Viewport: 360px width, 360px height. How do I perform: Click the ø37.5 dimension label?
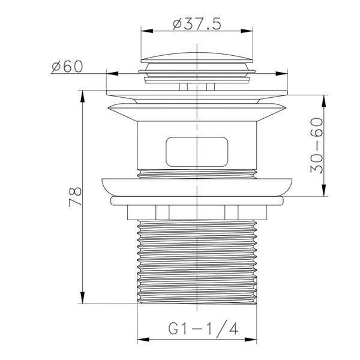(x=197, y=24)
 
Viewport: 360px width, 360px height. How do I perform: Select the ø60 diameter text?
(x=67, y=67)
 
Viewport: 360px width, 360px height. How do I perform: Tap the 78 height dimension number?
(x=76, y=197)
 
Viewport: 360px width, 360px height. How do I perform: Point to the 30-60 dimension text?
(x=316, y=145)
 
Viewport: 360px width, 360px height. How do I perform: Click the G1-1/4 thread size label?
(x=203, y=328)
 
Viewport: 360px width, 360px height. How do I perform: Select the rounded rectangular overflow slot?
(x=197, y=152)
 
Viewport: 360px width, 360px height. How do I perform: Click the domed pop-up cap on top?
(x=197, y=58)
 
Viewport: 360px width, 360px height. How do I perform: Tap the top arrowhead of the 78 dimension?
(x=83, y=97)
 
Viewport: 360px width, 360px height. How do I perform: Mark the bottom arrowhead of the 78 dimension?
(x=83, y=298)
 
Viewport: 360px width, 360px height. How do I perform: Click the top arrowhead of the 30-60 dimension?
(x=324, y=101)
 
